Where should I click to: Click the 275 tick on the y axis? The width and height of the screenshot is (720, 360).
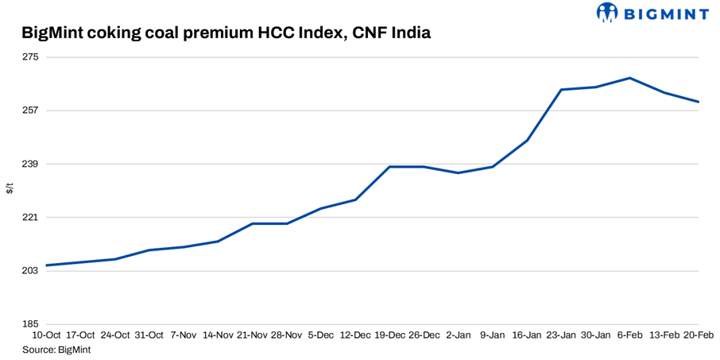[x=31, y=57]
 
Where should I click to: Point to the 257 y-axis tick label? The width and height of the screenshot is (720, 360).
[x=31, y=110]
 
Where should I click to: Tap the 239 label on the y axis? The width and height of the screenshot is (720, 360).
[x=31, y=164]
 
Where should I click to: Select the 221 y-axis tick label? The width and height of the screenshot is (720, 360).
[x=31, y=217]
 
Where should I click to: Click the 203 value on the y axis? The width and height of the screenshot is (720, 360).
[x=31, y=271]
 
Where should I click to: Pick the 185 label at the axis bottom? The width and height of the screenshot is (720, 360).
[x=31, y=324]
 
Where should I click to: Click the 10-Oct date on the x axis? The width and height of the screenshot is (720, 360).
[x=46, y=335]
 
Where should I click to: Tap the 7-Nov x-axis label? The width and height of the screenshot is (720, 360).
[x=184, y=335]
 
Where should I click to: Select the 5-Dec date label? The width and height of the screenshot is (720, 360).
[x=320, y=335]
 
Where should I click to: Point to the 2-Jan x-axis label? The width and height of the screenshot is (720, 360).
[x=459, y=335]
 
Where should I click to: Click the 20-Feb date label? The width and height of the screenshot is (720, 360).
[x=699, y=335]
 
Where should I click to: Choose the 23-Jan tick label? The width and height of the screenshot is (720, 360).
[x=561, y=335]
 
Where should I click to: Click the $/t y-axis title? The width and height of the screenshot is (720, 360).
[x=10, y=188]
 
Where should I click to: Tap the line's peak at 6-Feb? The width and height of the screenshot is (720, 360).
[x=629, y=78]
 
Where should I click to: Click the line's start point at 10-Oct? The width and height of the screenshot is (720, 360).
[x=46, y=265]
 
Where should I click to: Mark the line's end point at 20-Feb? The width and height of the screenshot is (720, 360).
[x=699, y=102]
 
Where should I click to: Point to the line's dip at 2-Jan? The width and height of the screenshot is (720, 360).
[x=459, y=172]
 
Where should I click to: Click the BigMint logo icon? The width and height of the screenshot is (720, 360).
[x=607, y=12]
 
